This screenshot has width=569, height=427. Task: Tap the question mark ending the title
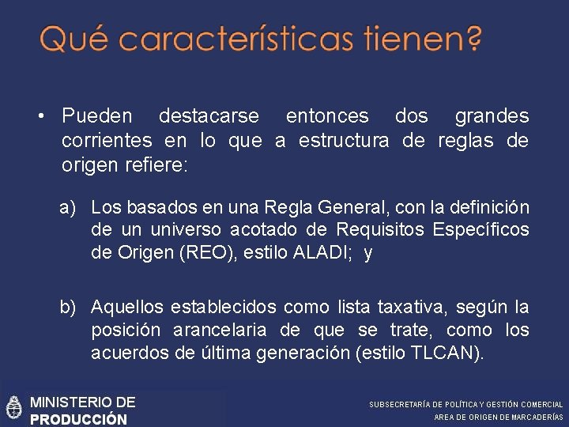click(x=473, y=39)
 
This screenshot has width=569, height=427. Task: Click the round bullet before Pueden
click(x=39, y=117)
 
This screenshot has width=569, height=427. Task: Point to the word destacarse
click(x=209, y=116)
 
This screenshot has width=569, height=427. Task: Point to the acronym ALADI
click(x=319, y=253)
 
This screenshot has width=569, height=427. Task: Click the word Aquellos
click(x=122, y=307)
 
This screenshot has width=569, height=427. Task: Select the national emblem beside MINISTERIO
click(x=13, y=406)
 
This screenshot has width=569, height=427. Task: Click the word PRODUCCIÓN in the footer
click(x=78, y=419)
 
